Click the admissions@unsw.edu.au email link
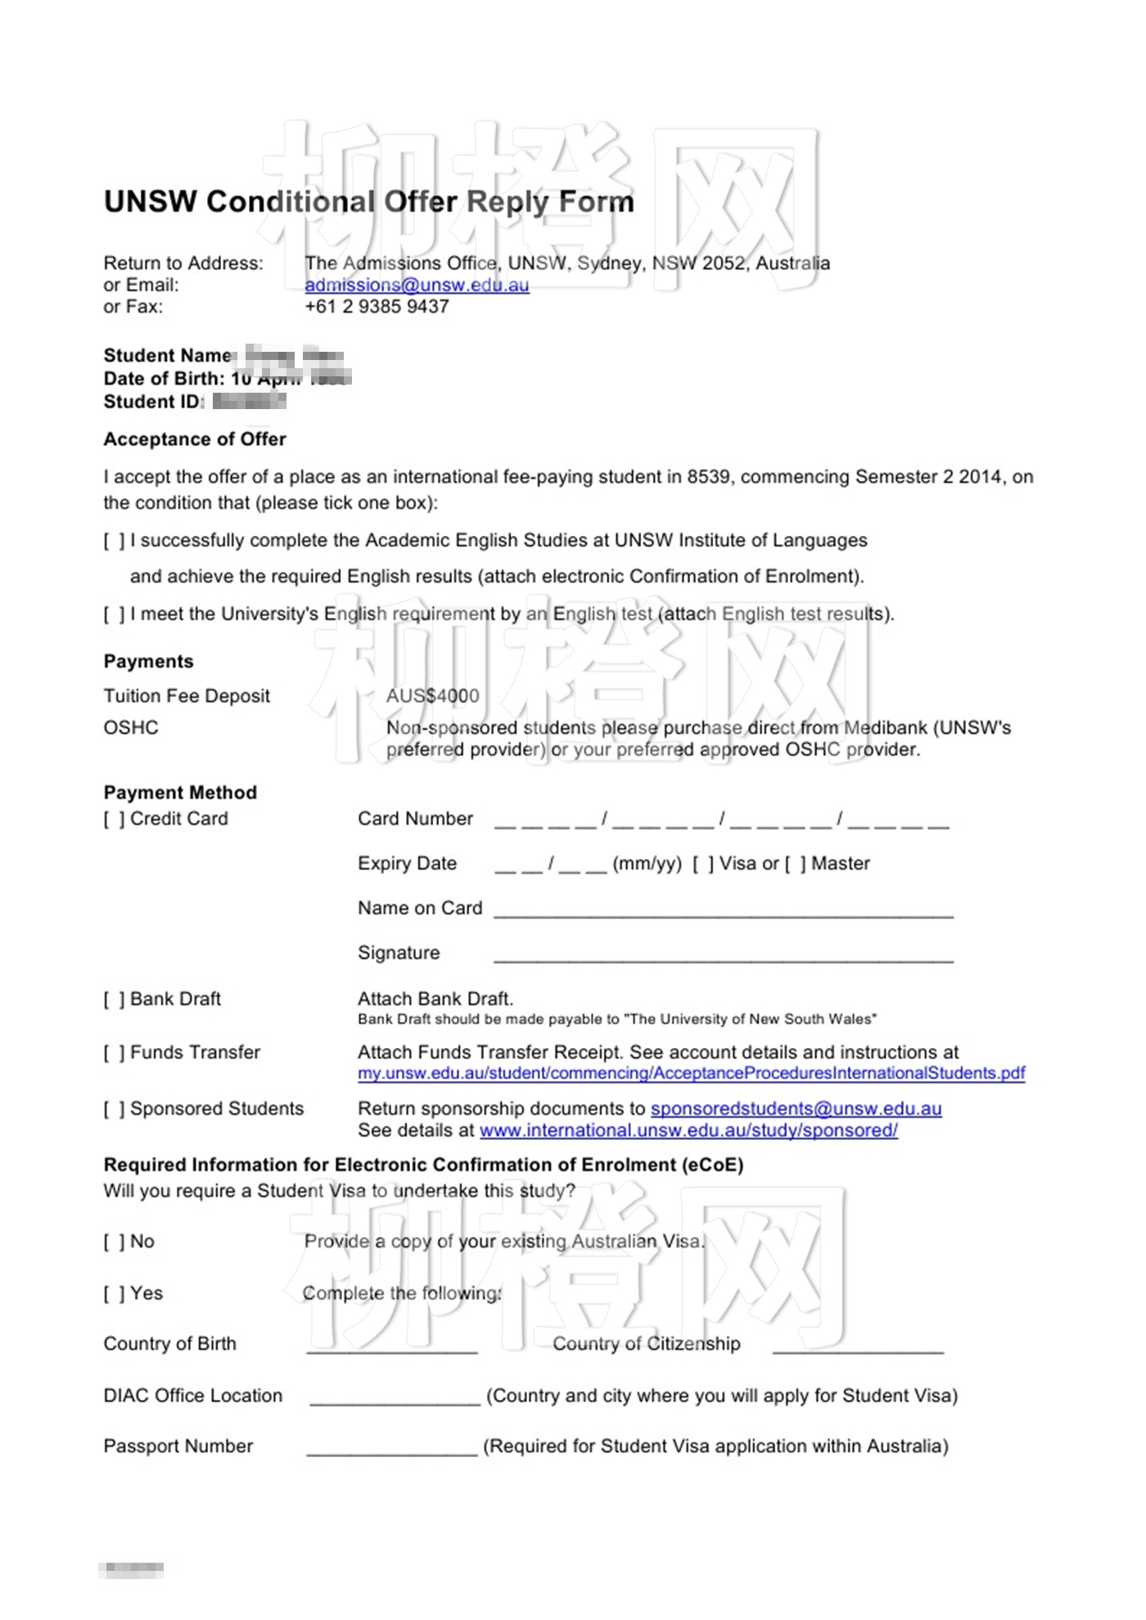[417, 285]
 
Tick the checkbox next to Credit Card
[114, 819]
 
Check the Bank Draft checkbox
[114, 999]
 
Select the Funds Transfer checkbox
[114, 1052]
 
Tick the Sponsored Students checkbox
[114, 1109]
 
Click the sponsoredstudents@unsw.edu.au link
[796, 1109]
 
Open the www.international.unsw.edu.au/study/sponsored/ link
[688, 1130]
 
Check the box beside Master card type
[796, 864]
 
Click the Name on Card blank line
[723, 911]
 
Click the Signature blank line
[723, 956]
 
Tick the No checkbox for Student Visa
[114, 1242]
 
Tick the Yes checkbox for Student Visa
[114, 1294]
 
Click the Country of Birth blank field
[392, 1347]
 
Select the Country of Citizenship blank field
[858, 1347]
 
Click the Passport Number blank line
[392, 1449]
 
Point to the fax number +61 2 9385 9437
[377, 307]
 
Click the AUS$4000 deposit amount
[432, 696]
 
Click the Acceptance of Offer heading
[195, 439]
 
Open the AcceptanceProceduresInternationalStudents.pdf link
[691, 1073]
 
